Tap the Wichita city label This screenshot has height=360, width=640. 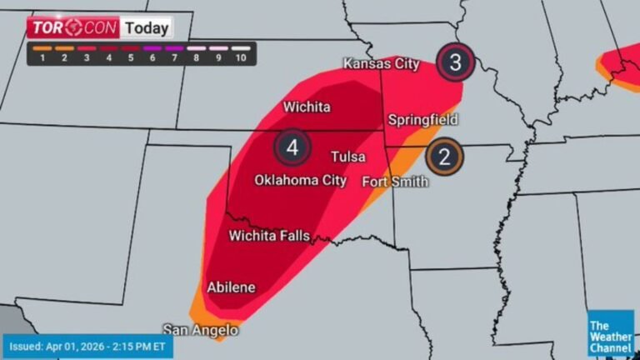(307, 107)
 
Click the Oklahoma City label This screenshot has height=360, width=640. (300, 180)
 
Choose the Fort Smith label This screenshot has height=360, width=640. (395, 182)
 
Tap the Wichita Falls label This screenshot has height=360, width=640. (269, 236)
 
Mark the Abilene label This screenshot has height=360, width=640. (231, 287)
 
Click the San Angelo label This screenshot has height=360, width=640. (200, 330)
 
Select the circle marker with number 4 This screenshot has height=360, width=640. (292, 148)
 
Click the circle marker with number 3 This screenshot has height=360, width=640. (455, 61)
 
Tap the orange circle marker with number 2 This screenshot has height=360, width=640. (444, 157)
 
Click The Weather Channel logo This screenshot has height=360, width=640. (610, 332)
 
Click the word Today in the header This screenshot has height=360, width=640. (147, 27)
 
